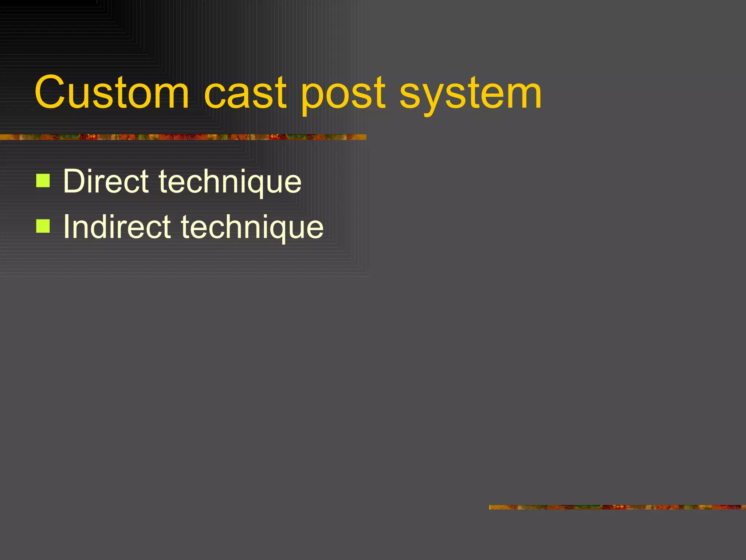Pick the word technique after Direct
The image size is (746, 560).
230,182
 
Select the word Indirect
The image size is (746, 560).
117,226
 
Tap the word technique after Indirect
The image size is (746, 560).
252,228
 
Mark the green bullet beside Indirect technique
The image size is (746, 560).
43,226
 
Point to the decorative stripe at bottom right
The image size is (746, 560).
617,507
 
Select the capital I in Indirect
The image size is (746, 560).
67,226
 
